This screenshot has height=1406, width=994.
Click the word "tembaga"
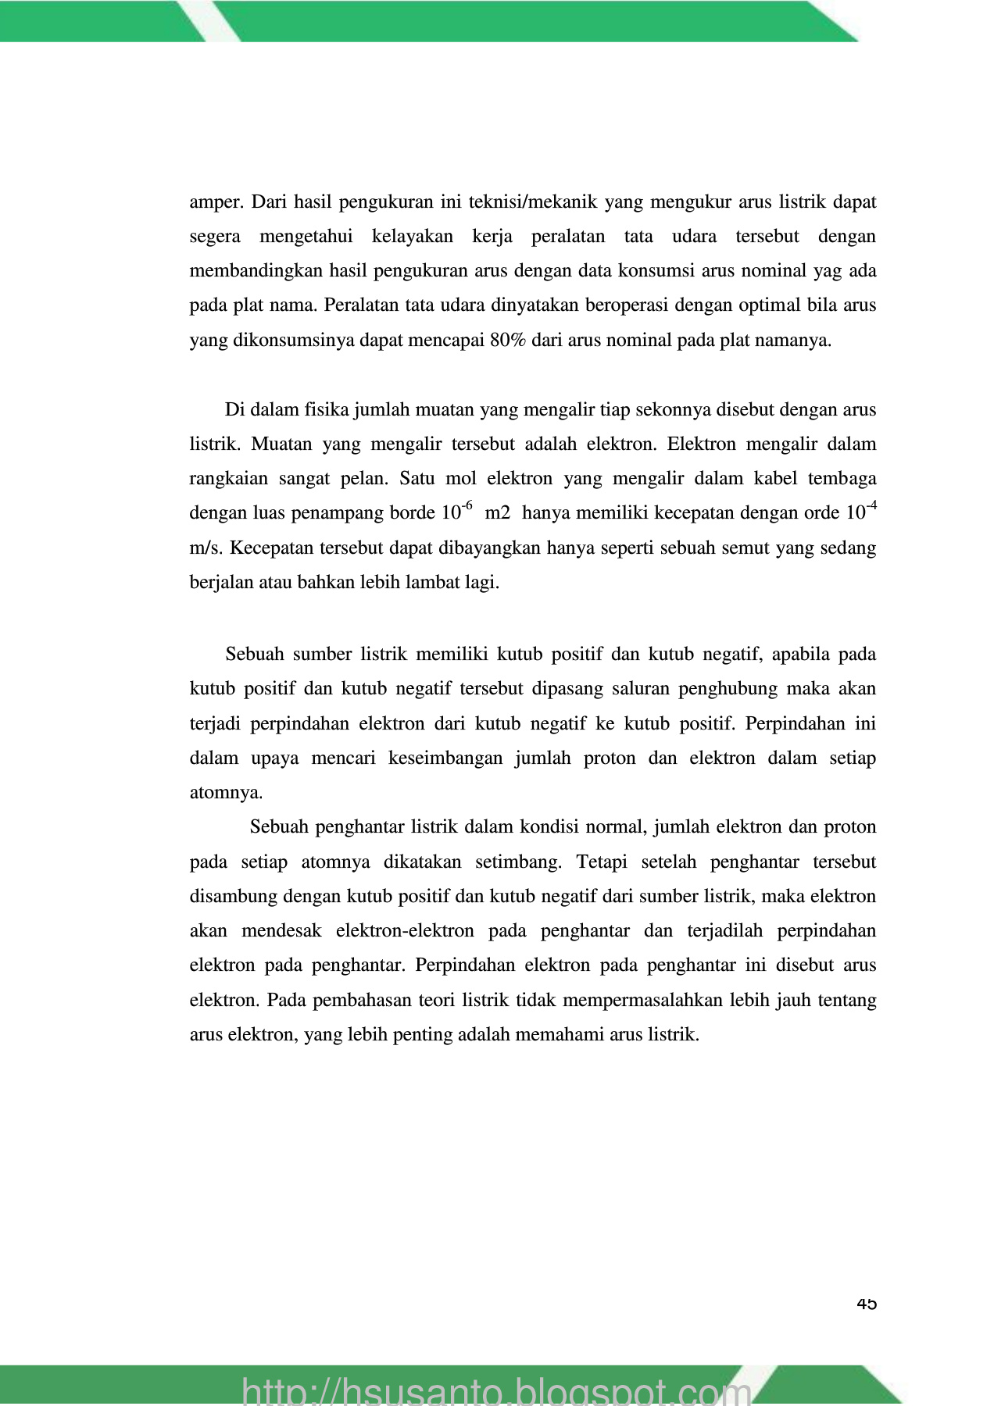coord(842,479)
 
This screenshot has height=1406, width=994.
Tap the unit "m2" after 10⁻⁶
coord(498,513)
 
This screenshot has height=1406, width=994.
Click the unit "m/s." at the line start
coord(206,548)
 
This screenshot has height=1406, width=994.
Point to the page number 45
coord(867,1304)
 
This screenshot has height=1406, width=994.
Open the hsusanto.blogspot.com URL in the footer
coord(497,1390)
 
